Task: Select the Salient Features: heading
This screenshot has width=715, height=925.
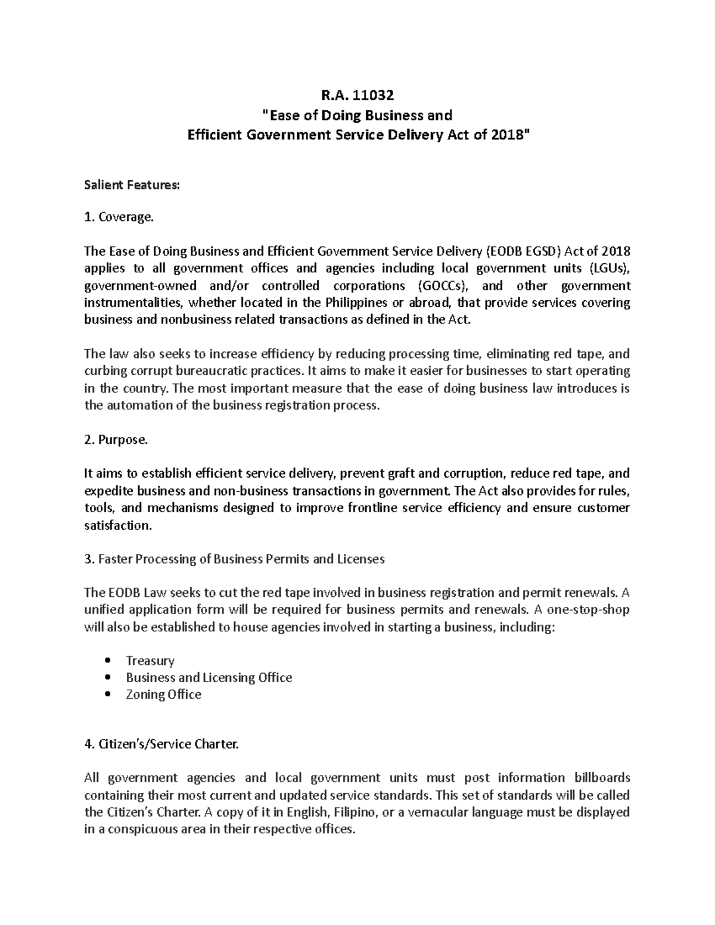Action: (x=131, y=185)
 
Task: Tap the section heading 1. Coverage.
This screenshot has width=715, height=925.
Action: (x=119, y=218)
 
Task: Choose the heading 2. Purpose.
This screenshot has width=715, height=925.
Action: (x=116, y=440)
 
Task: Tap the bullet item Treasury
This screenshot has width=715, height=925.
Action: (x=150, y=661)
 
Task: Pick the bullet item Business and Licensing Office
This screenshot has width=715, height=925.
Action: (x=209, y=677)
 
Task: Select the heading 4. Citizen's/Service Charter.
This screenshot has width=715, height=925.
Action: (x=161, y=745)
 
